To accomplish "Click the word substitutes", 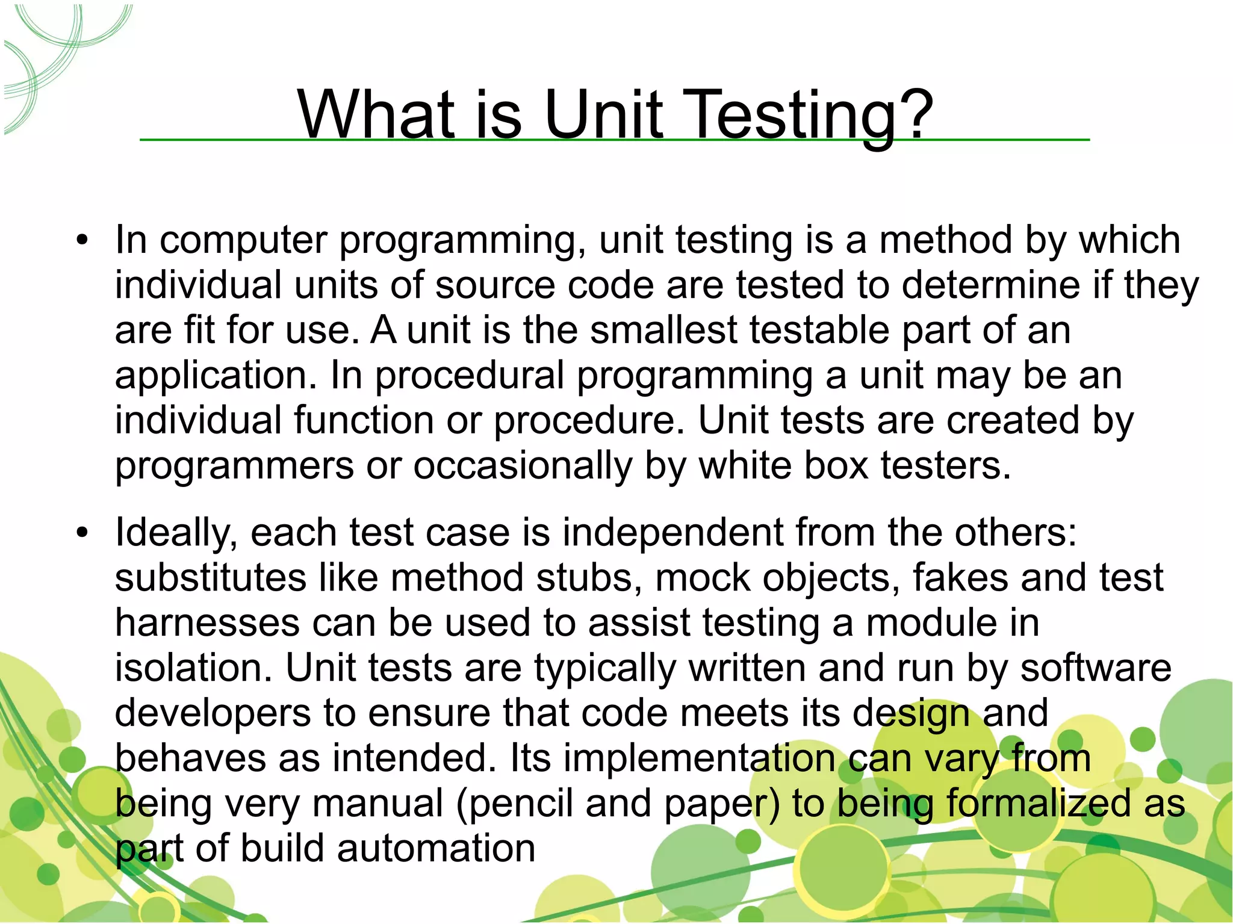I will (211, 578).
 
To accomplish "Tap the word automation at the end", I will (436, 849).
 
